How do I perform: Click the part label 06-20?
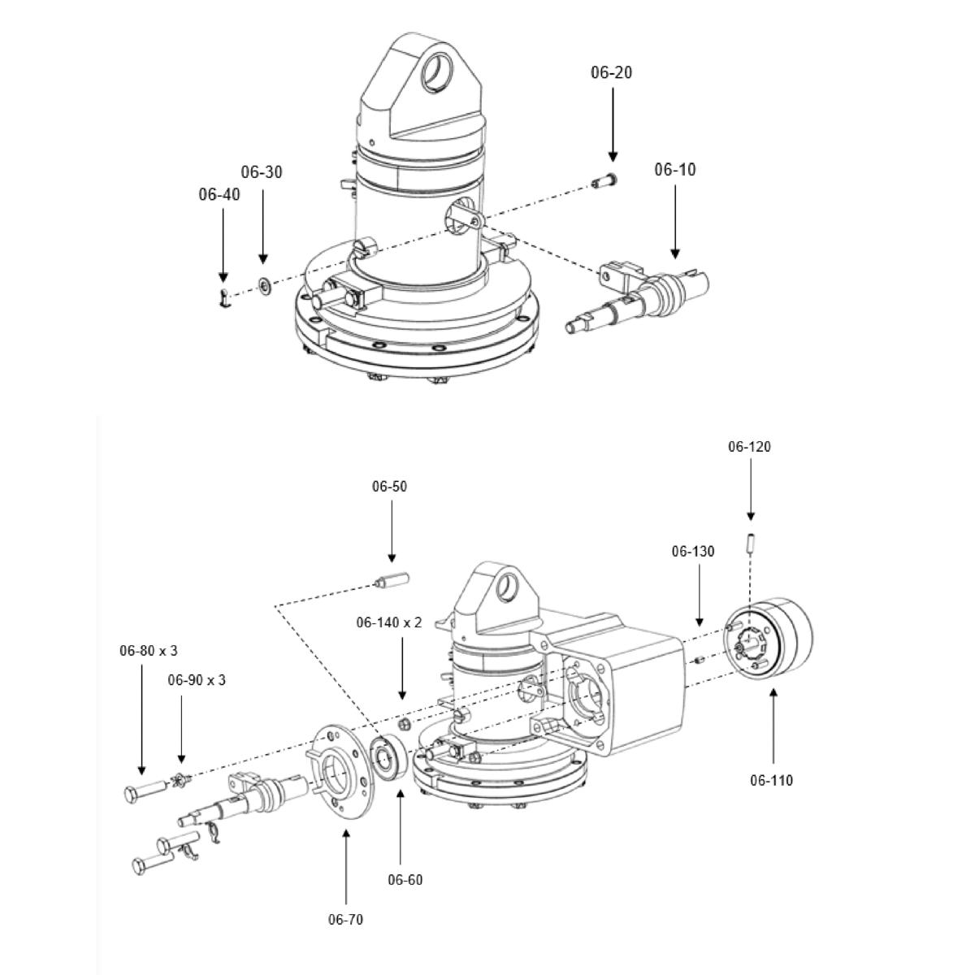coord(611,72)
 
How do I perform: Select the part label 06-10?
coord(675,170)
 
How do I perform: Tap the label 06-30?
coord(262,172)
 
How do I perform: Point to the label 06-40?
coord(219,194)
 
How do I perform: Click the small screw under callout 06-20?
coord(606,180)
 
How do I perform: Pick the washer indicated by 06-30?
coord(264,286)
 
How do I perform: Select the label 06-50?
coord(389,487)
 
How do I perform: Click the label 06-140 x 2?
coord(389,622)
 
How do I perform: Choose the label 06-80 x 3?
coord(149,651)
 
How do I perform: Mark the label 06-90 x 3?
coord(197,680)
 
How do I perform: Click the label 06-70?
coord(346,920)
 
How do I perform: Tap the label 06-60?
coord(405,880)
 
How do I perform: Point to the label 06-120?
coord(749,447)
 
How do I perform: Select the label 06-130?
coord(693,552)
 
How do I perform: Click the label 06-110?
coord(771,781)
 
